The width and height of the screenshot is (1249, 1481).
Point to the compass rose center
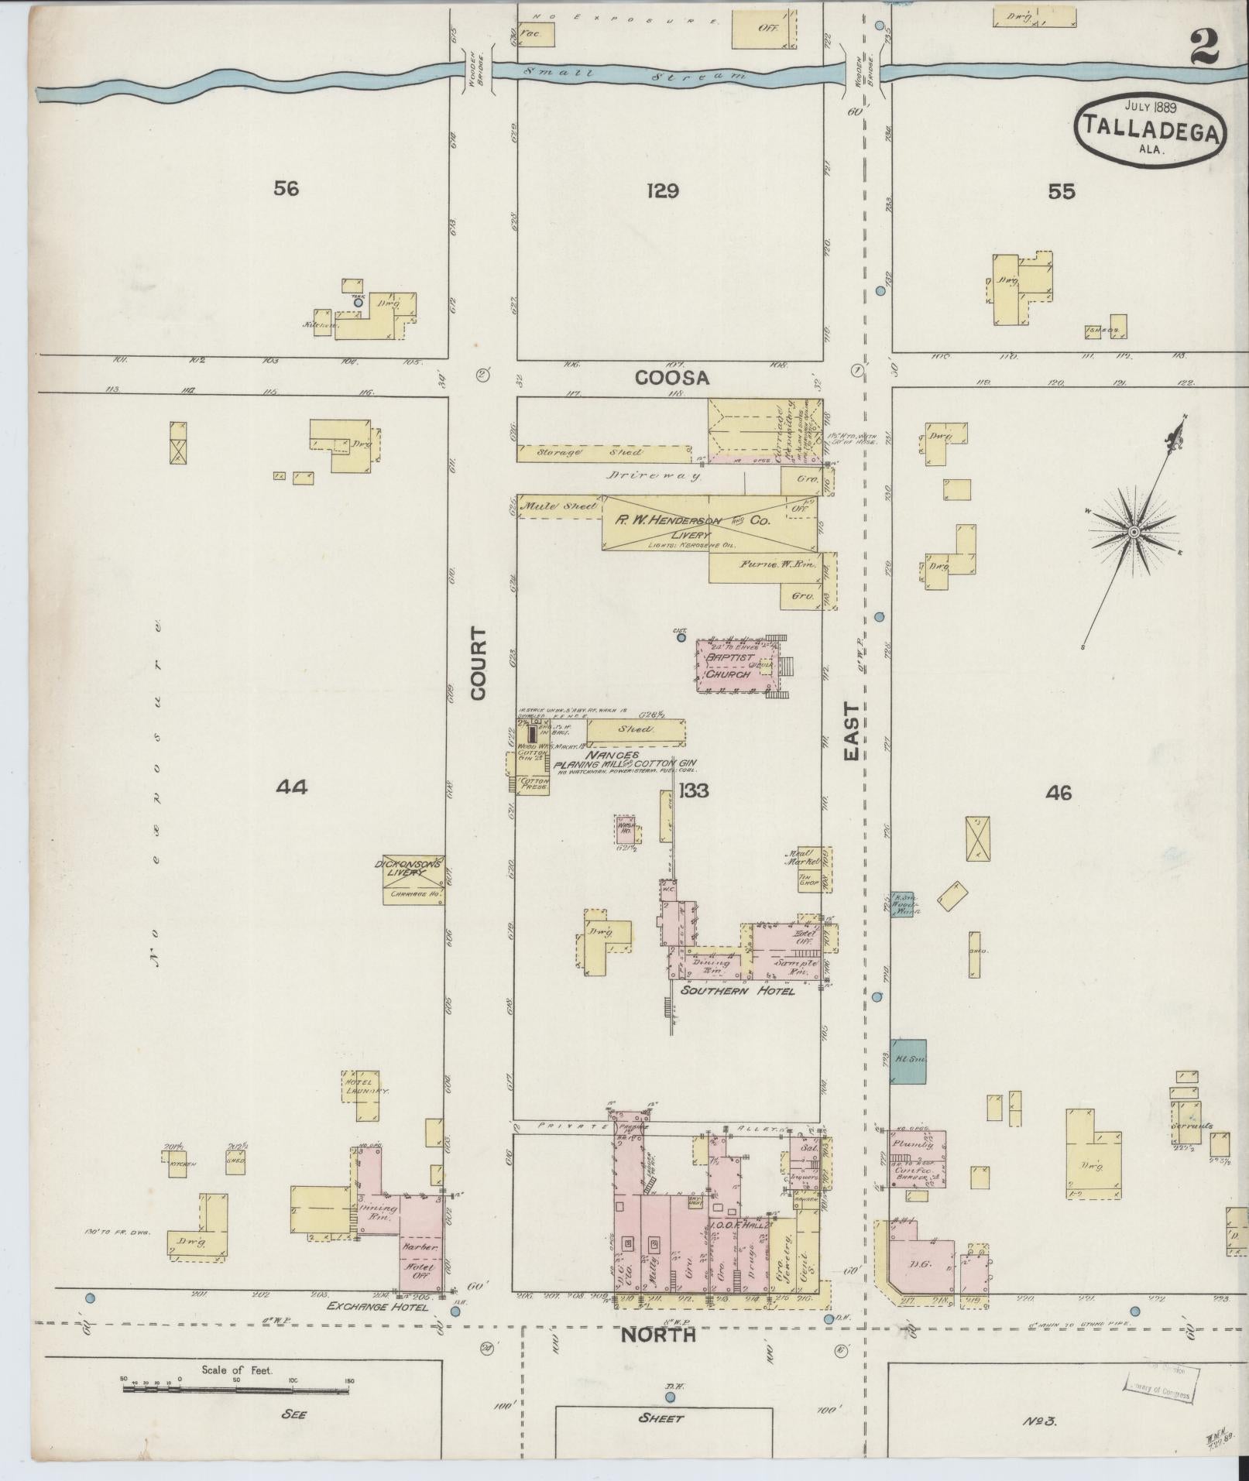click(1133, 532)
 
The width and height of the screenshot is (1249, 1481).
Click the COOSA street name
click(671, 378)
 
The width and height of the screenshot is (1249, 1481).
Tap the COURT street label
click(479, 664)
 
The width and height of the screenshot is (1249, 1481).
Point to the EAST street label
click(852, 731)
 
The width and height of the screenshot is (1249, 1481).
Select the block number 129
click(663, 190)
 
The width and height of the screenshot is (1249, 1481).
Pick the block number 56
click(286, 188)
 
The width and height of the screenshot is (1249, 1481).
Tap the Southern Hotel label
click(737, 990)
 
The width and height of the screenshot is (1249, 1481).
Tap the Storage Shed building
click(604, 454)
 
